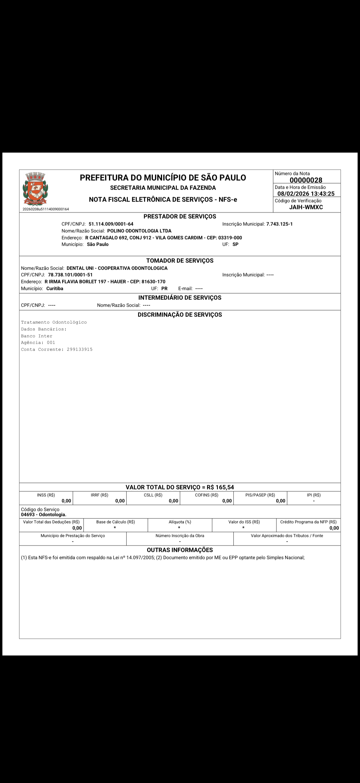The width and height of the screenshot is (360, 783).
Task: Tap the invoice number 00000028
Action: click(306, 180)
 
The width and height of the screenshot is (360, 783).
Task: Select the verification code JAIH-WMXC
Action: click(306, 207)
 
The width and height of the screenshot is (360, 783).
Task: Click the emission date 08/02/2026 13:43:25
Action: click(306, 194)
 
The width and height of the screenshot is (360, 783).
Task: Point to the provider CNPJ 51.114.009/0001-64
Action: click(111, 224)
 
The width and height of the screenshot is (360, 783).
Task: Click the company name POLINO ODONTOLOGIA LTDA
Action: click(139, 231)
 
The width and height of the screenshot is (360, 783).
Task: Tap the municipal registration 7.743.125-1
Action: click(279, 224)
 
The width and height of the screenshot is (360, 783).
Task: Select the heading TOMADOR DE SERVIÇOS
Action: click(180, 260)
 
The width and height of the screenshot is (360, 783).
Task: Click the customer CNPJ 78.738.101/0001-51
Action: click(70, 275)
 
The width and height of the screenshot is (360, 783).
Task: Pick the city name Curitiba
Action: click(55, 288)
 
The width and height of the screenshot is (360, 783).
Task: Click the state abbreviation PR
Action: click(164, 288)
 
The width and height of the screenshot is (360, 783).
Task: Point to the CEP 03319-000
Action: click(230, 238)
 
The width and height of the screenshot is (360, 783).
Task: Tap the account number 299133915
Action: click(80, 350)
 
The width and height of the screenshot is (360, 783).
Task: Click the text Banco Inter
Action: click(37, 336)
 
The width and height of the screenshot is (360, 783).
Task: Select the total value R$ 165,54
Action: click(220, 487)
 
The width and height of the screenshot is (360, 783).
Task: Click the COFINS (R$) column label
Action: click(207, 495)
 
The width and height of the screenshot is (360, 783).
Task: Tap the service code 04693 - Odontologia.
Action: click(44, 515)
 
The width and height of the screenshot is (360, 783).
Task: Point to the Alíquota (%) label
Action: click(180, 522)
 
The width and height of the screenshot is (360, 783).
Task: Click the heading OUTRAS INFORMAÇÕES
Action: click(180, 550)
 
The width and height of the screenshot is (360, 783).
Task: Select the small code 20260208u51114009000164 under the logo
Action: click(46, 209)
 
